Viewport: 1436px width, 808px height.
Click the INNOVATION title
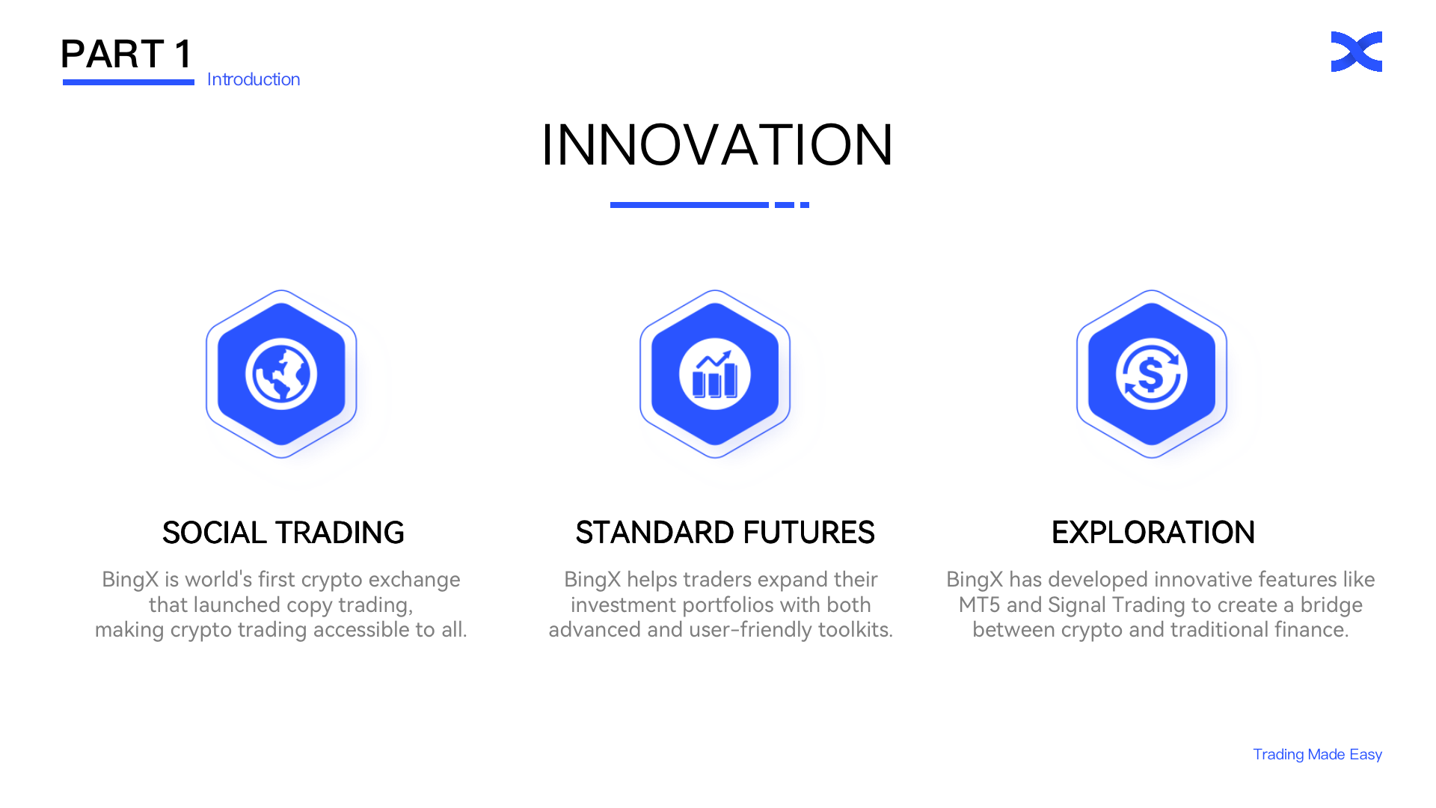pos(717,144)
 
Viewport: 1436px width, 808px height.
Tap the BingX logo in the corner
pos(1356,52)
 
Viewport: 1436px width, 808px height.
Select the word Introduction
pos(254,79)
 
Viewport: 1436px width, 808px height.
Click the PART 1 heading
pos(126,54)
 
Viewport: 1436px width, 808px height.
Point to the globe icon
pos(281,374)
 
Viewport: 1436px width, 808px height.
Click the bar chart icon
pos(715,374)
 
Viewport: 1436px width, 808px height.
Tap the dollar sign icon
pos(1152,374)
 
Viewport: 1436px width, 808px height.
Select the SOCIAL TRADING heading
pos(283,533)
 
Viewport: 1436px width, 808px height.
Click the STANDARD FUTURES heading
pos(725,533)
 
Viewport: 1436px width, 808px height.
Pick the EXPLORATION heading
pos(1153,533)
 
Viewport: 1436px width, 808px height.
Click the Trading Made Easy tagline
pos(1318,754)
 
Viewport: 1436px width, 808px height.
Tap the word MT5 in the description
pos(980,605)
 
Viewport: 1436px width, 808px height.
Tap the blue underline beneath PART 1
pos(129,82)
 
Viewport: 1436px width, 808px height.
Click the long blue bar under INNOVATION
pos(690,205)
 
